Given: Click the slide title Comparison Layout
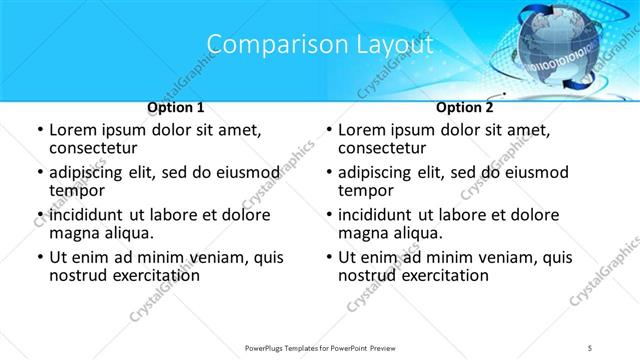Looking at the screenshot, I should click(x=320, y=45).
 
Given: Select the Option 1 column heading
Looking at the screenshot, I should click(x=176, y=107).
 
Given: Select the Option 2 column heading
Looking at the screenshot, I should click(x=465, y=107).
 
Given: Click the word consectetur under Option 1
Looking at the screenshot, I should click(x=96, y=149).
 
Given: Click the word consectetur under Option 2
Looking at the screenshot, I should click(x=385, y=149).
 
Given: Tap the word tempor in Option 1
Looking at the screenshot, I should click(x=75, y=191).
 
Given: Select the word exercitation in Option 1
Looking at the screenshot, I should click(x=144, y=276).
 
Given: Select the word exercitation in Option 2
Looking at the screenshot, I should click(x=433, y=276).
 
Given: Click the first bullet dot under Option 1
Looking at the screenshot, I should click(x=40, y=131).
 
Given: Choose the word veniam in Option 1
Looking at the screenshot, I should click(x=209, y=257).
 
